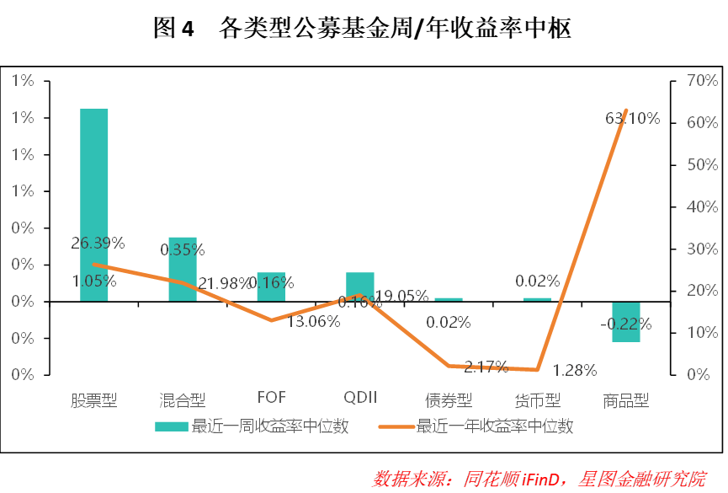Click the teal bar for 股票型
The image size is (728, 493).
coord(93,205)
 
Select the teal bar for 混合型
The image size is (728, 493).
coord(182,269)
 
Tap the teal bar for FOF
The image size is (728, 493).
coord(271,287)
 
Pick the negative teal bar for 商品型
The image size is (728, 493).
coord(626,321)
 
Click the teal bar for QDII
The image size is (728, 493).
coord(360,287)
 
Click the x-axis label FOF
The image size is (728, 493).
coord(272,398)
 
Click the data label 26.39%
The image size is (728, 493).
coord(98,244)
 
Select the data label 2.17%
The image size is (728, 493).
coord(486,367)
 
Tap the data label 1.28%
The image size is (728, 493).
coord(576,369)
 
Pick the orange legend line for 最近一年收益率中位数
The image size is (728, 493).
coord(395,426)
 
